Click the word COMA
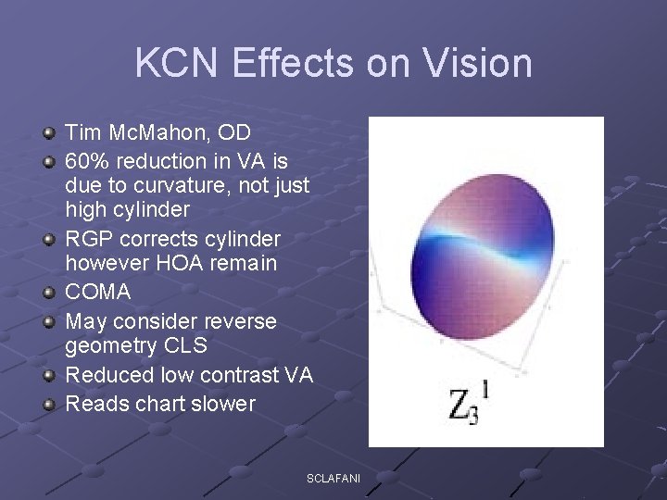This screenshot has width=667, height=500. pyautogui.click(x=98, y=293)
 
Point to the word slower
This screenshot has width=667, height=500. pyautogui.click(x=223, y=404)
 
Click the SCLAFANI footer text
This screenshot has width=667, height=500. pyautogui.click(x=334, y=479)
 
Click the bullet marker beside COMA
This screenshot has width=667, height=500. pyautogui.click(x=49, y=293)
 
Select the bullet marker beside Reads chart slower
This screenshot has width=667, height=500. pyautogui.click(x=49, y=404)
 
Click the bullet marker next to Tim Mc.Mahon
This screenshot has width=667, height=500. pyautogui.click(x=49, y=132)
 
